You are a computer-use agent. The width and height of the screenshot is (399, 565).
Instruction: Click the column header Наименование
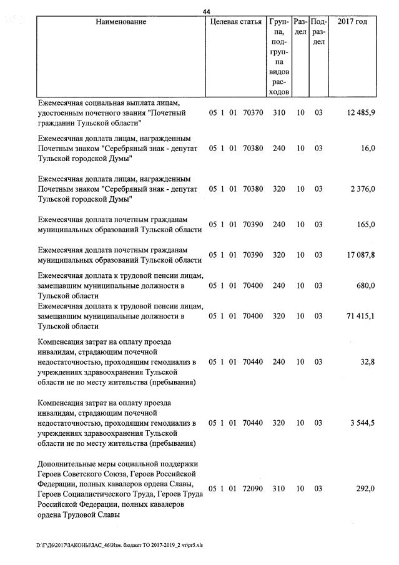(x=121, y=22)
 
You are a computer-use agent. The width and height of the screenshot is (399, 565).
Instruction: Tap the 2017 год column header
(x=352, y=22)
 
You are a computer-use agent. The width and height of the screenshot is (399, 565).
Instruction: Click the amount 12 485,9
(x=358, y=112)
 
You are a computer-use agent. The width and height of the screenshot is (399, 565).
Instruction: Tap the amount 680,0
(x=365, y=285)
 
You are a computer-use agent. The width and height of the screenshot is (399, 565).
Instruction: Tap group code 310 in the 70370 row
(x=278, y=112)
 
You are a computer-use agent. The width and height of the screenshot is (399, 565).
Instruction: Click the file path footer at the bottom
(x=119, y=545)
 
